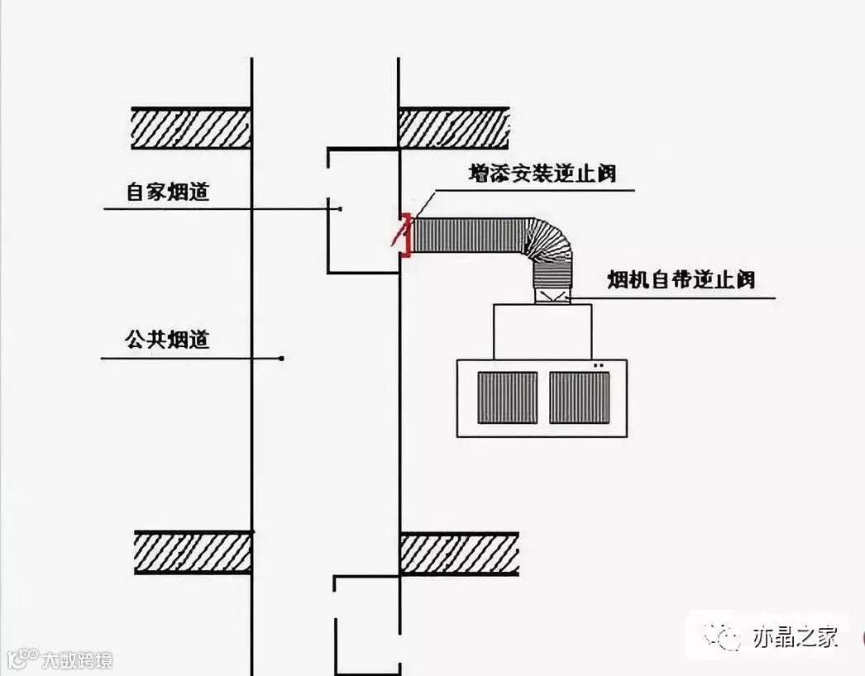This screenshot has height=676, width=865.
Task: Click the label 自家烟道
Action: [168, 193]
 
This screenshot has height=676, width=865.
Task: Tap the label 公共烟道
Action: [167, 340]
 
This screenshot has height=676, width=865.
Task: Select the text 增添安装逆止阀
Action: [542, 174]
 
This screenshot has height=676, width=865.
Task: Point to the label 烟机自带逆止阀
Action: [681, 280]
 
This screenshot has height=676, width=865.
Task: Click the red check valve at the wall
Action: [404, 235]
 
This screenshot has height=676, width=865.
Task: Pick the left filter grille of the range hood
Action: [507, 398]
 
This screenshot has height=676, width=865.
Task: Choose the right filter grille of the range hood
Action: [580, 398]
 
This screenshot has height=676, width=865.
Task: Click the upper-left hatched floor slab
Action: [191, 128]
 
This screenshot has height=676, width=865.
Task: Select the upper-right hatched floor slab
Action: [454, 128]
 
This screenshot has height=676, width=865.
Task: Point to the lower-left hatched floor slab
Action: [194, 553]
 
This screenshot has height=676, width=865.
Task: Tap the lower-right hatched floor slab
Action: [459, 553]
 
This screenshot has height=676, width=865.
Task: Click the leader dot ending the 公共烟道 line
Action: [282, 358]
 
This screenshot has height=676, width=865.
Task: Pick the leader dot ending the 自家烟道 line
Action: [340, 209]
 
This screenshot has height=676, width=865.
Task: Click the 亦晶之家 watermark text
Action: [795, 637]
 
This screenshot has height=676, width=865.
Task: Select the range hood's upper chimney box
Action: [542, 331]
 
